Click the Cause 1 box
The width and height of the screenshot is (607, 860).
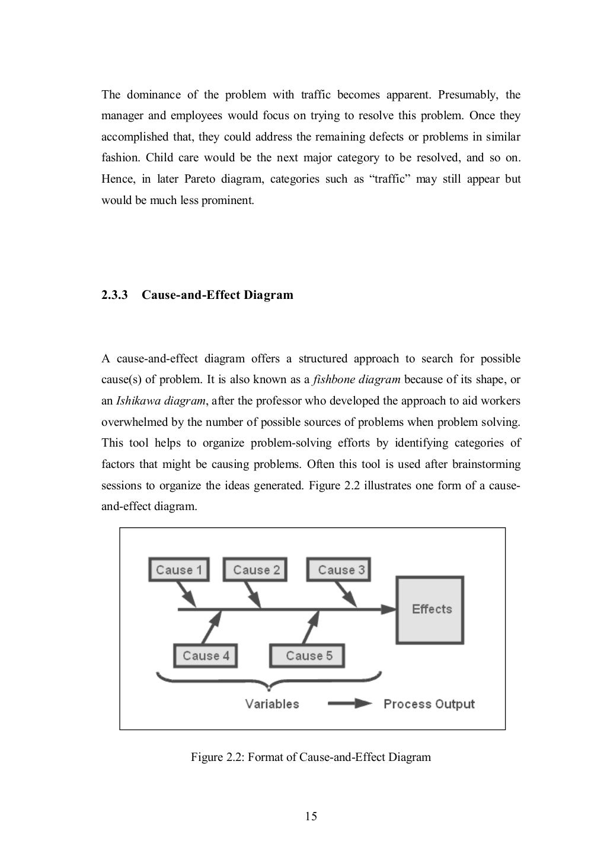coord(178,570)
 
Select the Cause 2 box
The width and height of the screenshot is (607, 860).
coord(255,570)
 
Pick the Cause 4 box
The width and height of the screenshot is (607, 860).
coord(206,655)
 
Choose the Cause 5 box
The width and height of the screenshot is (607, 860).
coord(308,655)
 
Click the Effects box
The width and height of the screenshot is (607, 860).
coord(431,609)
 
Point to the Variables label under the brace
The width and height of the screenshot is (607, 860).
coord(272,704)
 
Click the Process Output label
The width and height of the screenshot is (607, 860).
coord(429,704)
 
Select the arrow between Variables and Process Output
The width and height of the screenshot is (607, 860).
coord(350,704)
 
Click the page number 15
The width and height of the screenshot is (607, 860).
coord(311,817)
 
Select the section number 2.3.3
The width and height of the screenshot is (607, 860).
coord(115,295)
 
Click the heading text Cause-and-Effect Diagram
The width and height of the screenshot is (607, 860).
coord(218,295)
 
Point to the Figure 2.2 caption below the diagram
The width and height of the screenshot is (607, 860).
coord(311,757)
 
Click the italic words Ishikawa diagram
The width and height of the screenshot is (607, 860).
coord(161,401)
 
